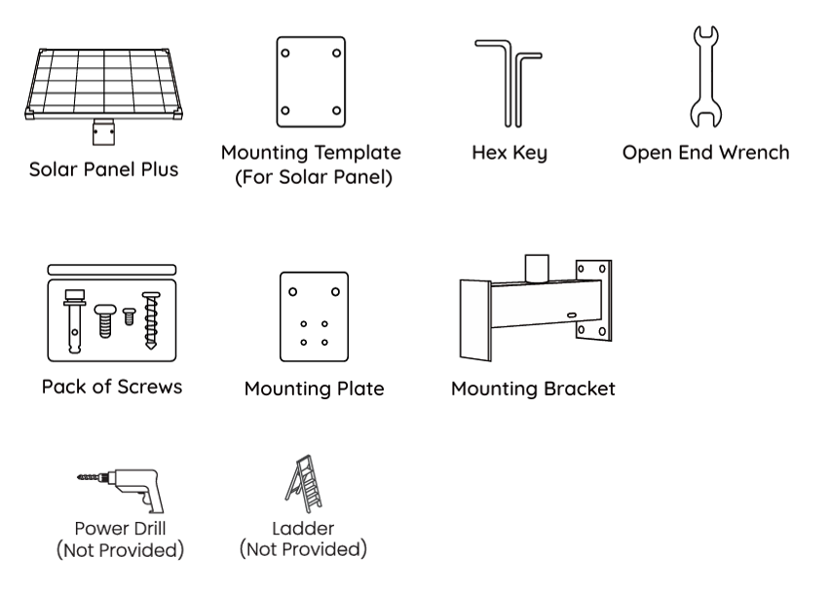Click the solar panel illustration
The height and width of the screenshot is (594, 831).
click(x=104, y=83)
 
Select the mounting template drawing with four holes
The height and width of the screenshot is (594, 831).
click(x=311, y=83)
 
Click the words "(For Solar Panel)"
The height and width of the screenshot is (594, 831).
click(x=311, y=177)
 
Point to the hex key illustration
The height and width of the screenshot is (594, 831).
click(x=510, y=82)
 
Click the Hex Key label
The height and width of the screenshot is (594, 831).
click(x=510, y=155)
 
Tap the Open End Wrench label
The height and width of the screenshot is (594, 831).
click(x=706, y=154)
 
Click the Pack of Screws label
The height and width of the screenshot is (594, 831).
click(x=111, y=386)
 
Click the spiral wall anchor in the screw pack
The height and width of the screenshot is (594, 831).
click(x=151, y=318)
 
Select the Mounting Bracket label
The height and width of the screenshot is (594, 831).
click(x=533, y=389)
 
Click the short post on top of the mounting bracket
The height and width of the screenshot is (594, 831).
click(x=538, y=267)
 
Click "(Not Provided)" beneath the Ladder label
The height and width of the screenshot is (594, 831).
click(x=303, y=549)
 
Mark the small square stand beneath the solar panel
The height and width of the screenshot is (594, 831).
click(x=103, y=130)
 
